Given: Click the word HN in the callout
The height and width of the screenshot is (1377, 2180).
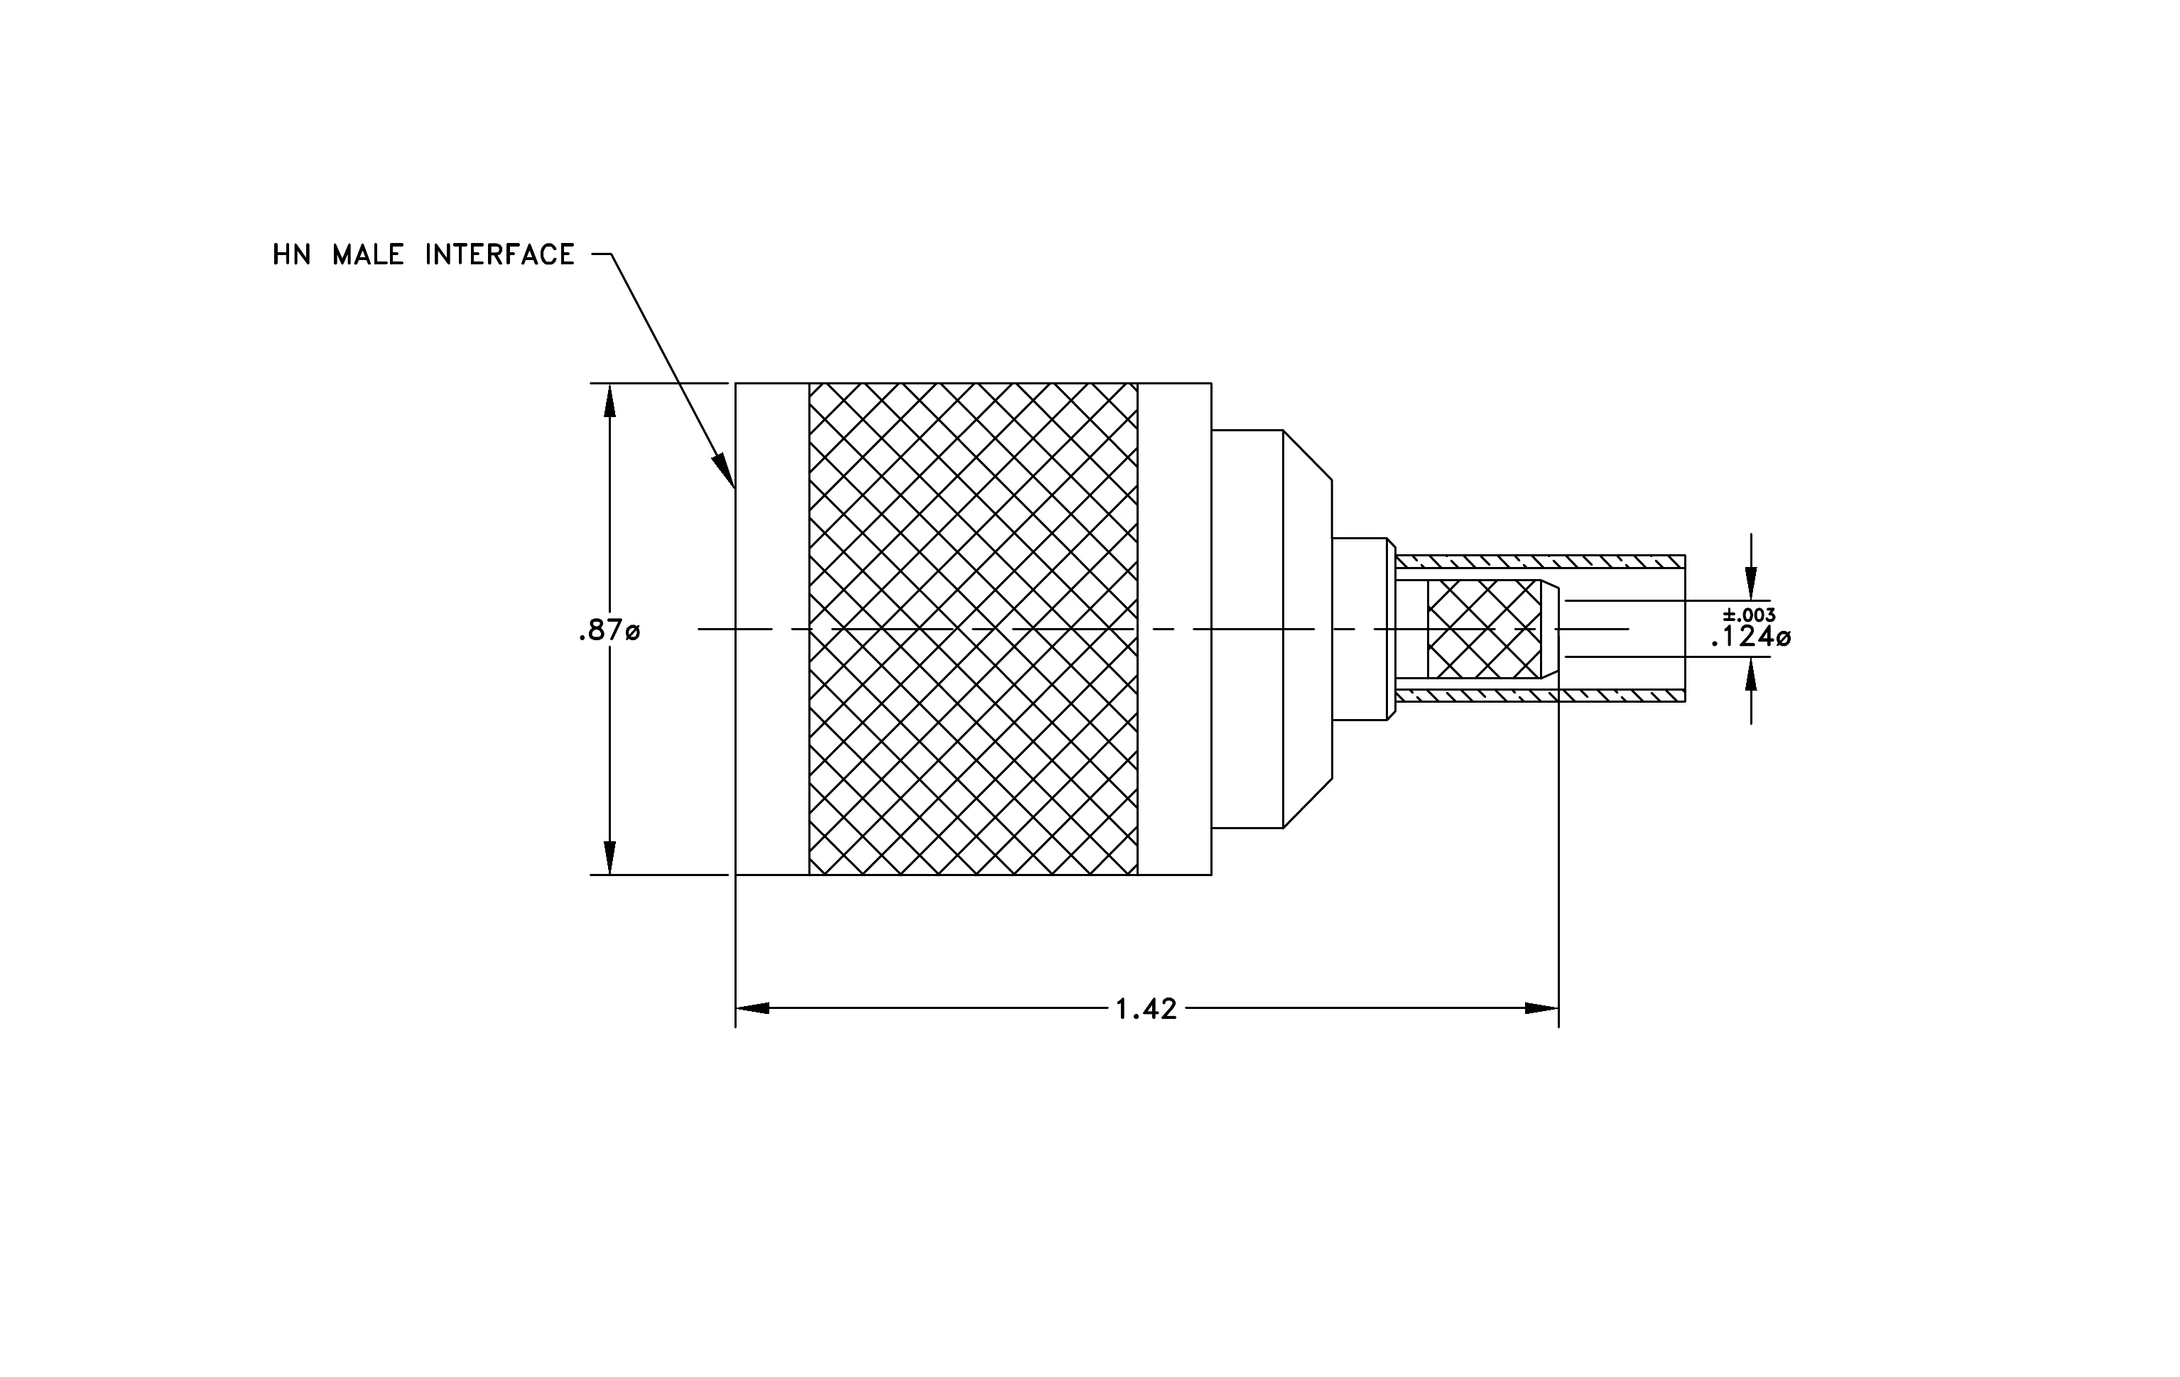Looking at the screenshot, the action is (x=291, y=254).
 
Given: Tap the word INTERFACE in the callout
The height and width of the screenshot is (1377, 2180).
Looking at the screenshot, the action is (x=500, y=254).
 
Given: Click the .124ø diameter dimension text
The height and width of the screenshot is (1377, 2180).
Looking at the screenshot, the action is (x=1750, y=637).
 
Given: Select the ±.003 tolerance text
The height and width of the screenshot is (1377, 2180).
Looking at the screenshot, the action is (x=1749, y=615).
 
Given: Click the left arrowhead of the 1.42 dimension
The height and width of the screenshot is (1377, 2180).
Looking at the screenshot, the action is (x=752, y=1008).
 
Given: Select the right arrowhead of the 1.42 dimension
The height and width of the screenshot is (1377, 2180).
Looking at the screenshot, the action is (x=1541, y=1008).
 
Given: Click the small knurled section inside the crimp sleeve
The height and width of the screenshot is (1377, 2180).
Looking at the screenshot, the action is (x=1484, y=630).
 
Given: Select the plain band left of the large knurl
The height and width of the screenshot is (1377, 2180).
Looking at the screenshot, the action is (x=772, y=630).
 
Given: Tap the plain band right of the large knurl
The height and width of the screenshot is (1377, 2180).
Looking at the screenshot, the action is (x=1174, y=630).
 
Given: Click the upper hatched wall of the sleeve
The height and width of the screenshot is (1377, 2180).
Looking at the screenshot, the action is (x=1540, y=561).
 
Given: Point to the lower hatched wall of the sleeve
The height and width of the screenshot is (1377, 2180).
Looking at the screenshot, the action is (x=1540, y=696).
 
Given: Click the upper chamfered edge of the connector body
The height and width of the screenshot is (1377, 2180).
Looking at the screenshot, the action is (x=1307, y=455).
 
